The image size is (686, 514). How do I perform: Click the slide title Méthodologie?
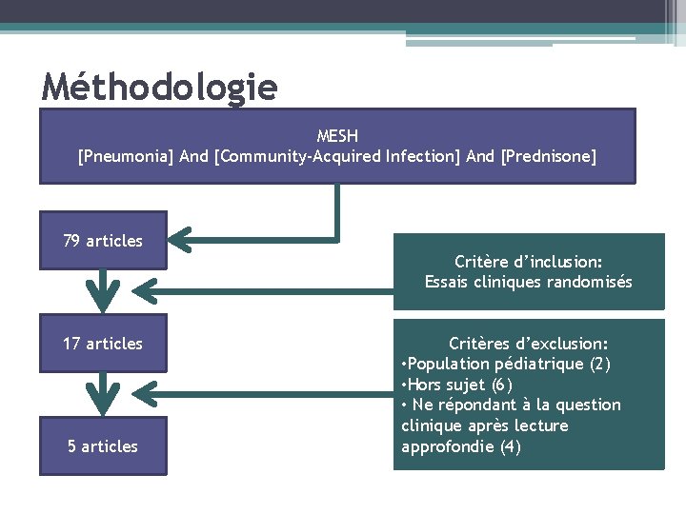coord(160,88)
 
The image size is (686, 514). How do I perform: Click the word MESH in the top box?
coord(337,136)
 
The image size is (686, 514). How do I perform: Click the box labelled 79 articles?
coord(103,241)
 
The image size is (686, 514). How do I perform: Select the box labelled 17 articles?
coord(103,344)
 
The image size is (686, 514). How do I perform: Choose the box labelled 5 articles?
coord(103,446)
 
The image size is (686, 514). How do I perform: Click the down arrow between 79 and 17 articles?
coord(103,290)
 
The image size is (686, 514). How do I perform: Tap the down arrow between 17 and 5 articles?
coord(103,392)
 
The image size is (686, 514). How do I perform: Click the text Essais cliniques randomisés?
coord(529,282)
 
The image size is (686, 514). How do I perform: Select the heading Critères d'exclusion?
coord(529,344)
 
